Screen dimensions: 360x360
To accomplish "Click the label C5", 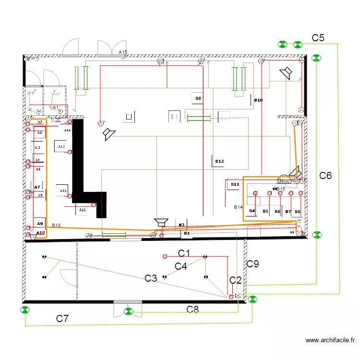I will pos(318,38).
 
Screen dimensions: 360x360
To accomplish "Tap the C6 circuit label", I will pos(325,176).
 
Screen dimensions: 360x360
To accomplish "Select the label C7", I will pos(62,318).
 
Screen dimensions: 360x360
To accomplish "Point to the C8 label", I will pos(192,310).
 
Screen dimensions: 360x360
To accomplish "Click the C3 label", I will pos(151,278).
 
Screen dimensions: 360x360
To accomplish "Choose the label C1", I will pos(184,253).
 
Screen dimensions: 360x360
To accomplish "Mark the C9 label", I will pos(253,264).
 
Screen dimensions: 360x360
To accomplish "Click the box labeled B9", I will pos(198,98).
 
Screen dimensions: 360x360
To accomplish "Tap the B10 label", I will pos(258,100).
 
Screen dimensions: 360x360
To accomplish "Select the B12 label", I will pos(219,161).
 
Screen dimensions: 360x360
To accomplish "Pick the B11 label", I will pos(235,184).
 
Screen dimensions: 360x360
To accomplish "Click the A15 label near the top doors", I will pos(123,52).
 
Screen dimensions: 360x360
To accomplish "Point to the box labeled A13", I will pos(61,146).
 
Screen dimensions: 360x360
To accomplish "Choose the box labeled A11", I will pos(82,210).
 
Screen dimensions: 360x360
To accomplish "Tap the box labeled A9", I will pos(40,224).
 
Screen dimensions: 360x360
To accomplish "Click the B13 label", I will pos(56,226).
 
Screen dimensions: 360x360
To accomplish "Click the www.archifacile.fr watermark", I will pos(330,340).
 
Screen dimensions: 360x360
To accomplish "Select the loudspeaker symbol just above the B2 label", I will pos(160,222).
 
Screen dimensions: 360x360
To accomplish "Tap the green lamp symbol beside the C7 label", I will pos(25,310).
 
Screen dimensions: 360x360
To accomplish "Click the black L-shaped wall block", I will pos(78,158).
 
